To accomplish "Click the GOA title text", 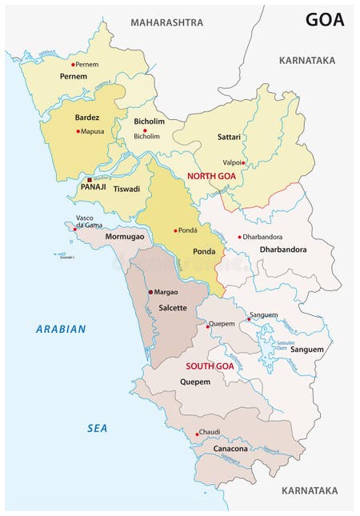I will pos(324,19).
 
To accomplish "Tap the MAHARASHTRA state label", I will pos(167,22).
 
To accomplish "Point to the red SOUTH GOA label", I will pos(210,366).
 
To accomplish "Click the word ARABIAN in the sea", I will pos(61,329).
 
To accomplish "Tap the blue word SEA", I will pos(98,428).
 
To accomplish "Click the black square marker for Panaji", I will pos(90,179).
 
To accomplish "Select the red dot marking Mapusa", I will pos(78,131).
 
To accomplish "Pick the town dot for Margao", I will pos(150,292).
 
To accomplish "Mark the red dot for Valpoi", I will pos(243,163).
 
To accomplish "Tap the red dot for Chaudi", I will pos(195,435).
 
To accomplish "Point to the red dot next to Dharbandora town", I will pos(239,237).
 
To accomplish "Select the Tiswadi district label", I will pos(126,190).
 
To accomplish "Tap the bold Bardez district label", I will pos(87,118).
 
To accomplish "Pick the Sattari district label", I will pos(229,138).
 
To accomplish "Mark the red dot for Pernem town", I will pos(73,65).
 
